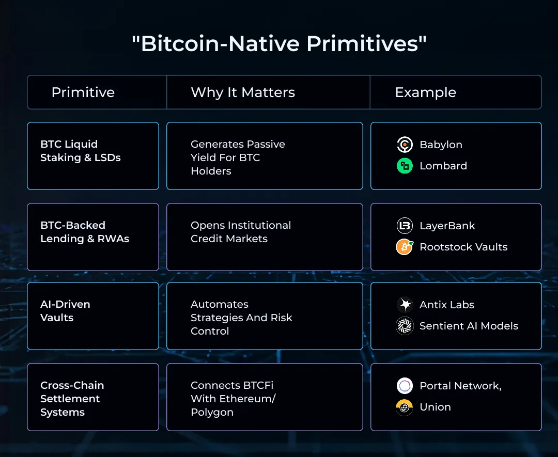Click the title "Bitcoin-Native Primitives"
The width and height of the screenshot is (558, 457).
click(279, 44)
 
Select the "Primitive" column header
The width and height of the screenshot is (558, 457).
click(83, 92)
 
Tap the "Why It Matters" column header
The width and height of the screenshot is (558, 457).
click(243, 92)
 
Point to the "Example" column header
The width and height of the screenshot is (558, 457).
click(425, 92)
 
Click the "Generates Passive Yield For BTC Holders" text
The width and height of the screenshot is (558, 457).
click(238, 157)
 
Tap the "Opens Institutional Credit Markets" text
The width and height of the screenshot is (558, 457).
click(241, 232)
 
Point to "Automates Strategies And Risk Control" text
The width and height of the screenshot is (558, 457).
click(241, 318)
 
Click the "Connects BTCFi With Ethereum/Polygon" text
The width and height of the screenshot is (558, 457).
click(233, 399)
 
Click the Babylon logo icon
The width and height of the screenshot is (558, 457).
click(405, 145)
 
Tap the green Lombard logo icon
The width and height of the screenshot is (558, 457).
click(405, 166)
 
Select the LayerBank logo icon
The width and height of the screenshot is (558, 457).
click(405, 226)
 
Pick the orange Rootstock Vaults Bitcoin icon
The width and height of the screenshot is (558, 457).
click(405, 247)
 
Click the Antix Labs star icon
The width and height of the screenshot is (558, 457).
click(405, 305)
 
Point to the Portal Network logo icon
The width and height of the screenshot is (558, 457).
click(405, 386)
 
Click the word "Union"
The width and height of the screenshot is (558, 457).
click(435, 407)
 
